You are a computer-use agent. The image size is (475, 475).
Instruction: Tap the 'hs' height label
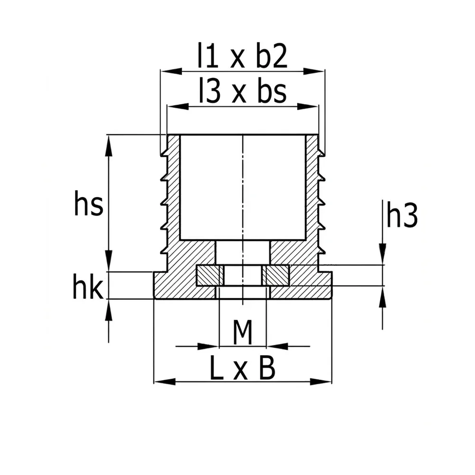click(88, 203)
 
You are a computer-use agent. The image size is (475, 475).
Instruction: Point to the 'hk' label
click(88, 286)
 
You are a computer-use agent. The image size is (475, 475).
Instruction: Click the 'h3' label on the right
click(402, 215)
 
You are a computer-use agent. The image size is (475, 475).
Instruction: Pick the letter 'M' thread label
click(243, 332)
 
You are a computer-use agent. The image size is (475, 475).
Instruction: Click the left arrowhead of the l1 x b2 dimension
click(171, 71)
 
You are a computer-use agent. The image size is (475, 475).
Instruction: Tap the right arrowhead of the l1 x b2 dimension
click(314, 71)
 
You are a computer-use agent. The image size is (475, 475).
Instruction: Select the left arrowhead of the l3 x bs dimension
click(178, 106)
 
